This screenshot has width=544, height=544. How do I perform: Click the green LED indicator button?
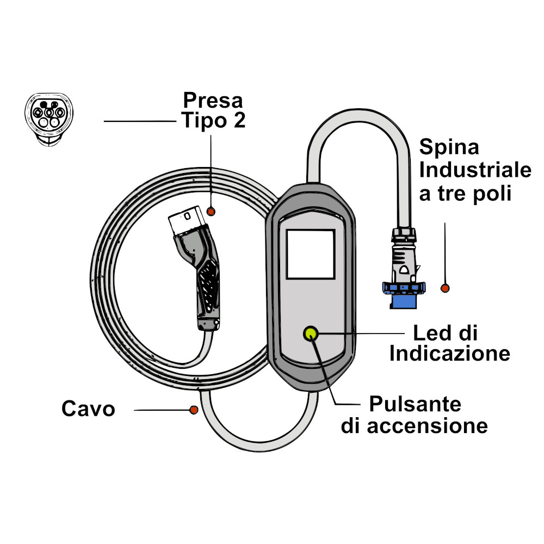pyautogui.click(x=311, y=332)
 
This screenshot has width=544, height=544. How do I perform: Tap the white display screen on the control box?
pyautogui.click(x=311, y=254)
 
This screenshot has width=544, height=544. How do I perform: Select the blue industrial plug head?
pyautogui.click(x=404, y=295)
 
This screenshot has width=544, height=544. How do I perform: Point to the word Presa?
pyautogui.click(x=213, y=100)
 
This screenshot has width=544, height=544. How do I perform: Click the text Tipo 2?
pyautogui.click(x=213, y=120)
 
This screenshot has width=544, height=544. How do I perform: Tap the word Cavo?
pyautogui.click(x=88, y=408)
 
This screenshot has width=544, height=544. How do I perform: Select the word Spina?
pyautogui.click(x=449, y=147)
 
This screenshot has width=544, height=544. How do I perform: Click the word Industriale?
pyautogui.click(x=475, y=170)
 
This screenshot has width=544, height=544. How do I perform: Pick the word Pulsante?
pyautogui.click(x=415, y=404)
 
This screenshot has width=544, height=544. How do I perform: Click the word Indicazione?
pyautogui.click(x=450, y=354)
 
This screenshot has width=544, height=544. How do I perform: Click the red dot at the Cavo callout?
pyautogui.click(x=193, y=409)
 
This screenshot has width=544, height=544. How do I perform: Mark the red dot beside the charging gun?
pyautogui.click(x=212, y=211)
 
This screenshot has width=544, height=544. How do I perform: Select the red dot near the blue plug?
pyautogui.click(x=446, y=288)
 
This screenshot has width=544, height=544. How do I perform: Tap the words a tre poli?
pyautogui.click(x=465, y=194)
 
